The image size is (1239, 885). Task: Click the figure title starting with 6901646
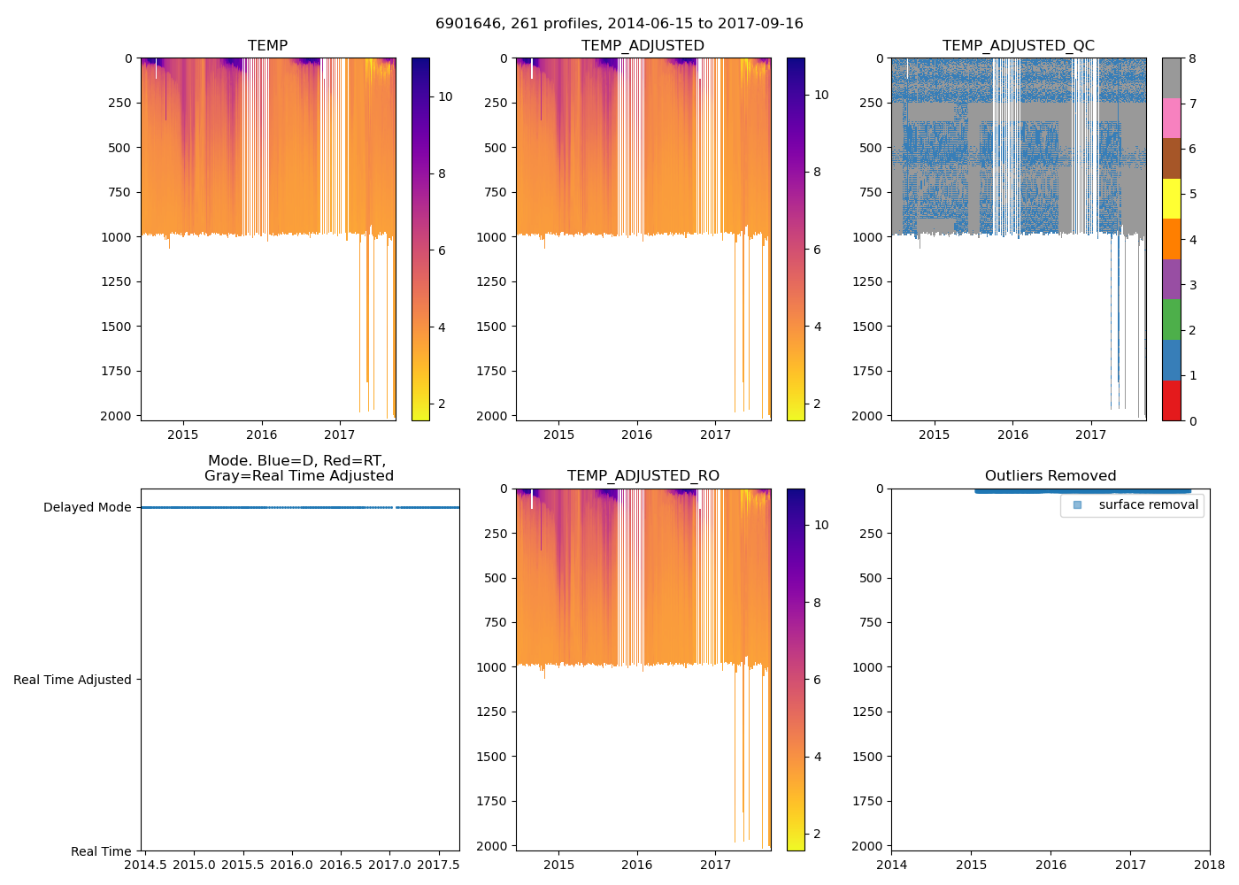[x=619, y=24]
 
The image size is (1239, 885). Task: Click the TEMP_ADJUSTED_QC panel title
[x=1018, y=45]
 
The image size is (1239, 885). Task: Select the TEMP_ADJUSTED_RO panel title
[x=643, y=476]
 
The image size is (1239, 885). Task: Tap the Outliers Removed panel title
[x=1050, y=476]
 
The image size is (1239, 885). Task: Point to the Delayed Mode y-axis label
[x=87, y=507]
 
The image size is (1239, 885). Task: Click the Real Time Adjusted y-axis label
[x=73, y=680]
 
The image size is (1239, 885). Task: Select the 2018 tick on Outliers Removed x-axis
[x=1210, y=865]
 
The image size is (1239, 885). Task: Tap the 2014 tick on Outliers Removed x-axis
[x=891, y=865]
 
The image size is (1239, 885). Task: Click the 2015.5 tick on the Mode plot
[x=242, y=865]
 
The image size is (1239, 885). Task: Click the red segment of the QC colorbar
[x=1171, y=400]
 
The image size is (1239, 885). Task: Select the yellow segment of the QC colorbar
[x=1171, y=198]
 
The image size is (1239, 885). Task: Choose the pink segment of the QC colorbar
[x=1171, y=118]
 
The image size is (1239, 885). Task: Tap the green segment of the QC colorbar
[x=1171, y=319]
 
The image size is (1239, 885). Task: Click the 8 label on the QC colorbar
[x=1192, y=58]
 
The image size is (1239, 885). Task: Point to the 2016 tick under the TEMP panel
[x=261, y=435]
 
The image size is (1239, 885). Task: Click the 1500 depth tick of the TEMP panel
[x=119, y=327]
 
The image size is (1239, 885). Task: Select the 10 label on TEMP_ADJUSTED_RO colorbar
[x=821, y=525]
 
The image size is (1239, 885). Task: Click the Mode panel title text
[x=299, y=468]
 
